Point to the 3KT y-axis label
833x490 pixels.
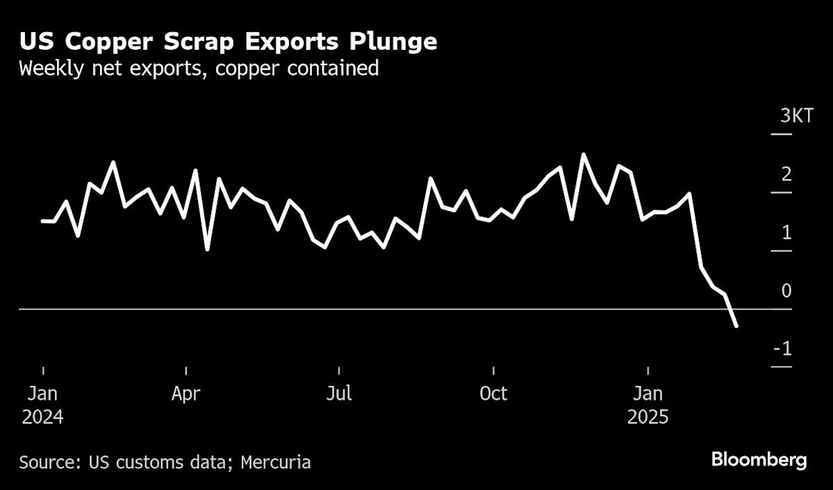coord(796,116)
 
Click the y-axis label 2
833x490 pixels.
coord(786,174)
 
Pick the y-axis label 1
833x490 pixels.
coord(786,233)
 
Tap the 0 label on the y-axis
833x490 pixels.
coord(786,291)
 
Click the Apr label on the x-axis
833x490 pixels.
coord(186,394)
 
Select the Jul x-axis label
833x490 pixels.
coord(339,394)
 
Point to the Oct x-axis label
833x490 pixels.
coord(493,394)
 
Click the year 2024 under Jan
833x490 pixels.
coord(42,418)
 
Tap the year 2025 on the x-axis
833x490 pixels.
coord(648,418)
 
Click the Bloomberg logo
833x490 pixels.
coord(759,459)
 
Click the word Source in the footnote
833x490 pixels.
coord(44,462)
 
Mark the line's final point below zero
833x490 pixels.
coord(736,326)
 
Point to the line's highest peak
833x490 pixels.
coord(583,154)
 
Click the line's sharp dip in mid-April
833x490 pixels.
coord(207,249)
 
